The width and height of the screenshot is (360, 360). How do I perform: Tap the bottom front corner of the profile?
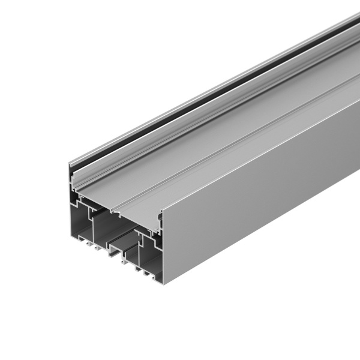click(x=163, y=281)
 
